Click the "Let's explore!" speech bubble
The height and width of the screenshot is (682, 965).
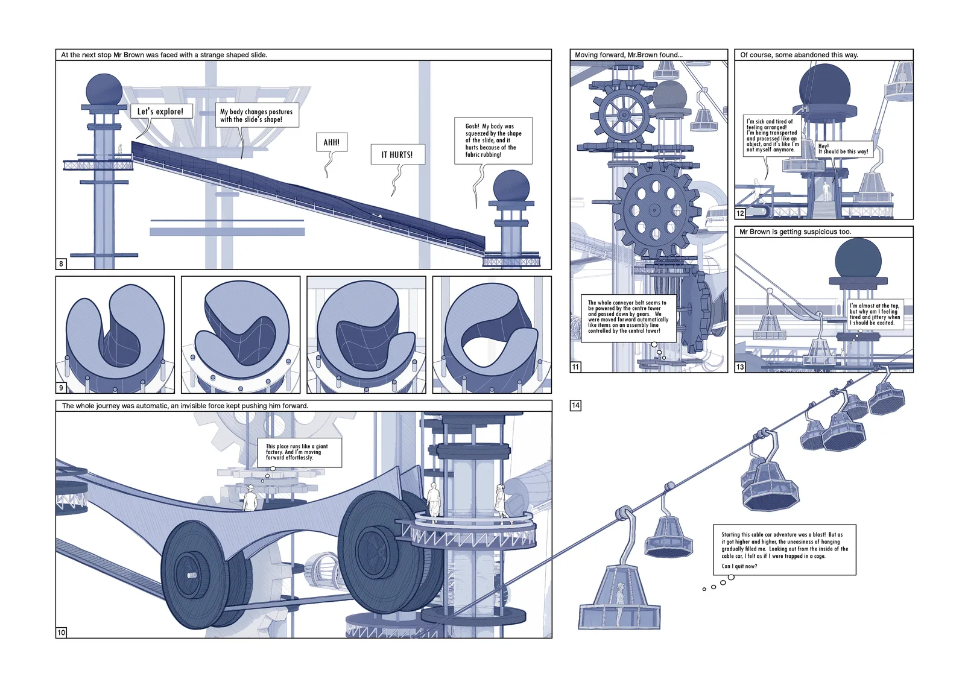click(161, 111)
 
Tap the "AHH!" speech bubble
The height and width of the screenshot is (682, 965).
click(331, 142)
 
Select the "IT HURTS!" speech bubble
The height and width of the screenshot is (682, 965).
click(397, 154)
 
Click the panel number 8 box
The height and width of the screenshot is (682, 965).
click(61, 264)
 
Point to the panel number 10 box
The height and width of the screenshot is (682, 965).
click(61, 633)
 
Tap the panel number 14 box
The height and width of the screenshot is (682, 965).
click(575, 405)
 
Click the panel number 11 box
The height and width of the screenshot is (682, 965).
click(575, 367)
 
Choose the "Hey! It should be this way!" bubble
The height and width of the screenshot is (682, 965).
click(844, 149)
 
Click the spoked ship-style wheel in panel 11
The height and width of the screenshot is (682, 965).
click(624, 115)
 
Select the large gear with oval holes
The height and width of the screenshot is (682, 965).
click(654, 210)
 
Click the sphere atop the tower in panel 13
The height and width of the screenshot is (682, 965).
click(858, 260)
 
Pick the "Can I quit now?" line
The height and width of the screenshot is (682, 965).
click(739, 566)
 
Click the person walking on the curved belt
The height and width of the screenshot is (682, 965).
click(250, 498)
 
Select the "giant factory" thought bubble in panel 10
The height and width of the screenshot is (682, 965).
click(299, 452)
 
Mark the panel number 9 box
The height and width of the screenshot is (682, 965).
click(61, 388)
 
